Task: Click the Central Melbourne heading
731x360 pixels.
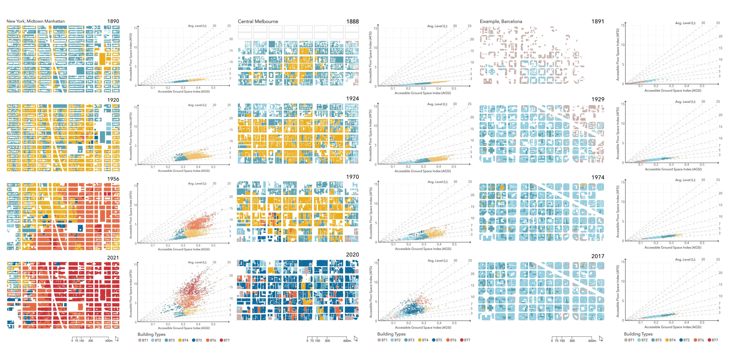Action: tap(258, 22)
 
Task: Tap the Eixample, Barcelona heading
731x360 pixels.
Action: tap(501, 22)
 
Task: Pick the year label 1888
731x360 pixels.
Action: tap(352, 22)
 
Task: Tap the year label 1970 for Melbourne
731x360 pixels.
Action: tap(352, 177)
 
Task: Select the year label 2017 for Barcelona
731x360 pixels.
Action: tap(598, 256)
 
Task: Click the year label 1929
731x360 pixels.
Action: tap(598, 99)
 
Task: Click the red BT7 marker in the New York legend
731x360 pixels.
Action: tap(221, 340)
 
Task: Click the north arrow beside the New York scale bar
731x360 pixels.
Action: tap(117, 339)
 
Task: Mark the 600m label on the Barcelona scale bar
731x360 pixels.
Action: tap(592, 341)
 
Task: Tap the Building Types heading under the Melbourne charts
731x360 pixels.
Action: tap(391, 334)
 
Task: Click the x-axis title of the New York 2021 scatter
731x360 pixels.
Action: tap(184, 328)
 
